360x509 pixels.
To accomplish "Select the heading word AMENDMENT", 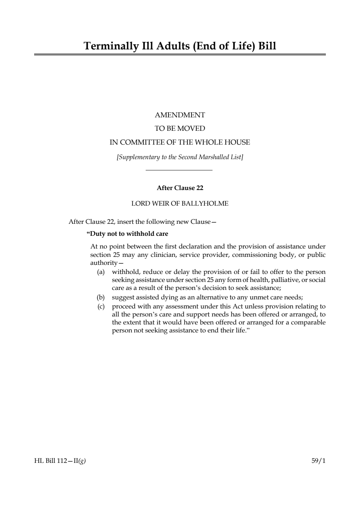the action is click(x=180, y=115).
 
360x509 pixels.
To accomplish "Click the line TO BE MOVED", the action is click(x=180, y=129).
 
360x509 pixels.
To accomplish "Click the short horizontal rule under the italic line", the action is click(x=179, y=170).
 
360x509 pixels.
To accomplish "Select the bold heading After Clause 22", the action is click(x=180, y=188).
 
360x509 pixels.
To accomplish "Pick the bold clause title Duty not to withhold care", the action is click(x=127, y=234).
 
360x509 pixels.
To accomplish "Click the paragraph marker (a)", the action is click(x=101, y=272).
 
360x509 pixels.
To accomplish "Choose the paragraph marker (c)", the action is click(x=101, y=307).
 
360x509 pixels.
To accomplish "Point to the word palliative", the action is click(x=282, y=280).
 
